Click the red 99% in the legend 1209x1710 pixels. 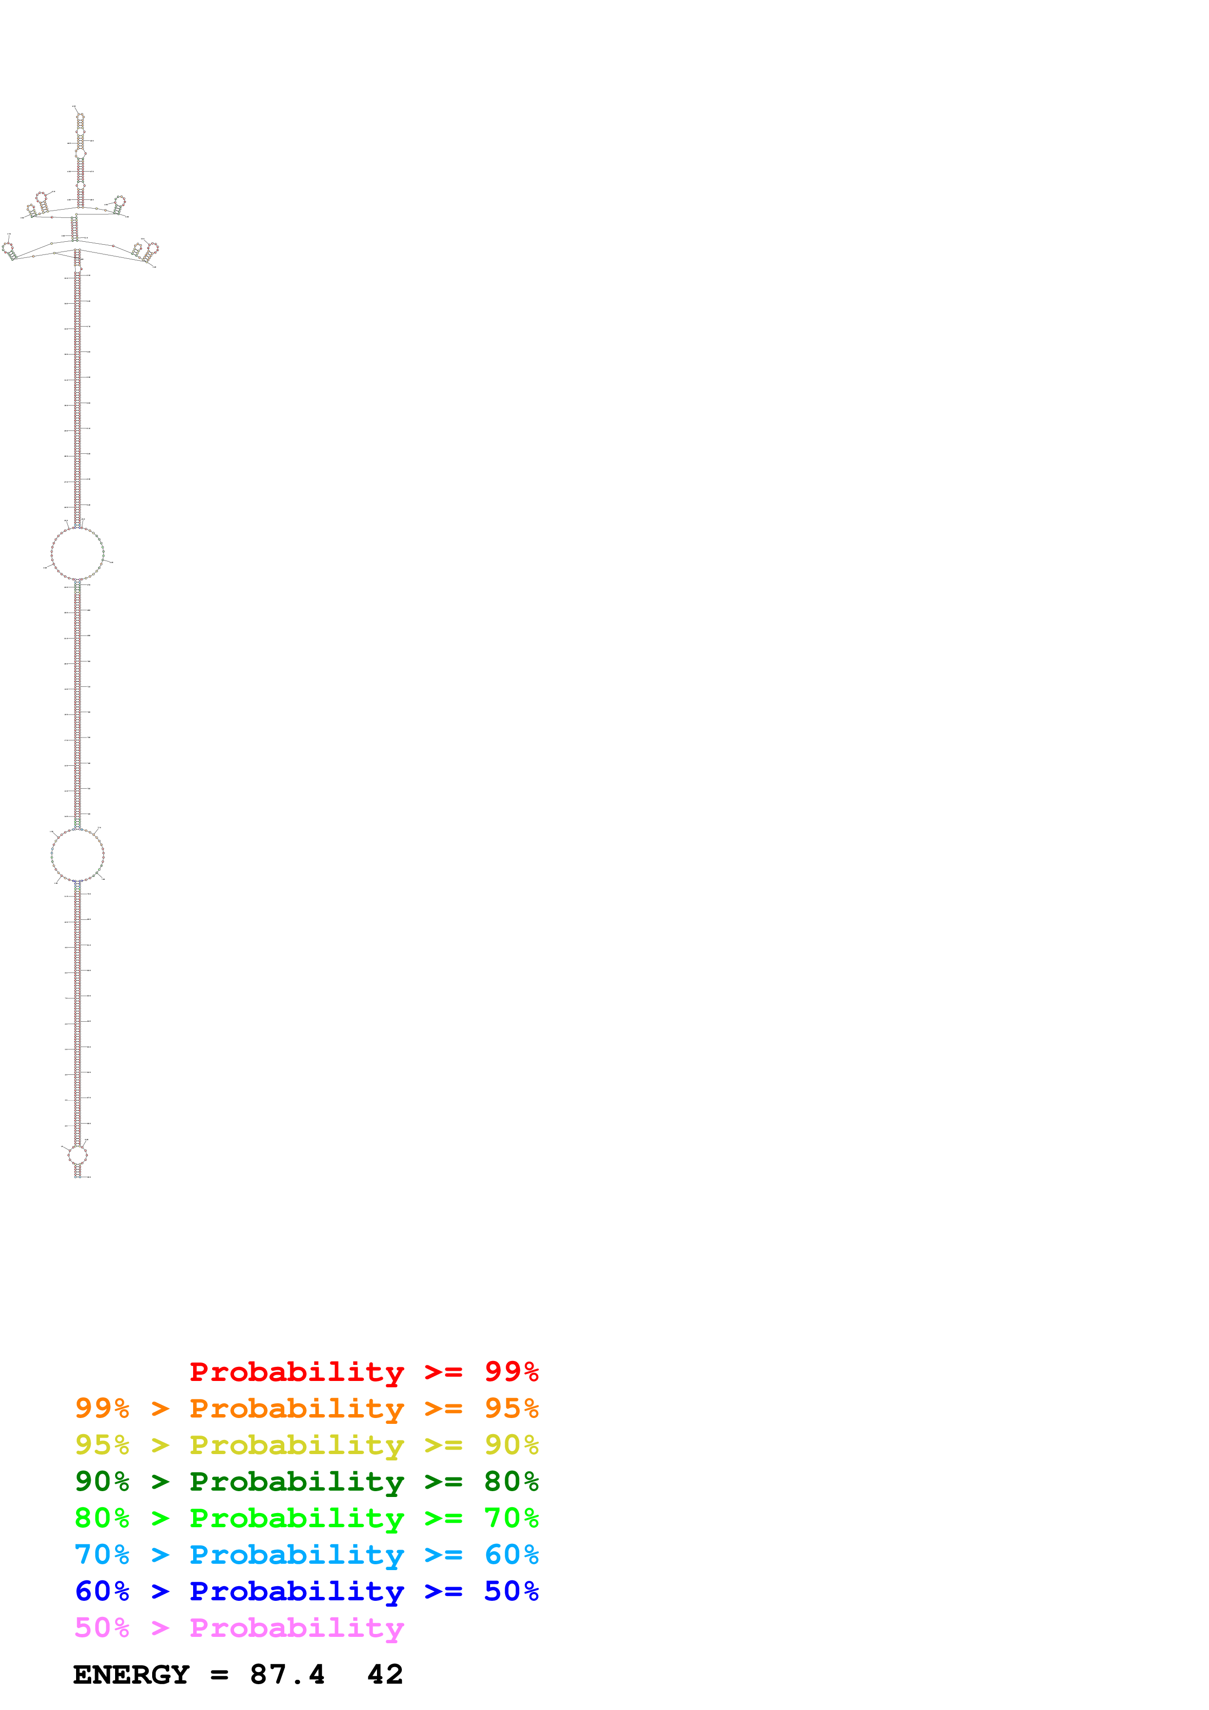coord(511,1371)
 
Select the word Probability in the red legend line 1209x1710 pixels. coord(297,1372)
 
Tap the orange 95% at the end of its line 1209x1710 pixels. coord(511,1408)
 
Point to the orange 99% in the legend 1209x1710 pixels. coord(102,1408)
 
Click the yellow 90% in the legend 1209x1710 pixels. coord(511,1445)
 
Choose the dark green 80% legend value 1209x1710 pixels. coord(511,1481)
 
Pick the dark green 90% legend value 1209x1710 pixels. coord(102,1481)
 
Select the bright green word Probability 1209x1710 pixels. coord(297,1518)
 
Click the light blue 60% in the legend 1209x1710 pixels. coord(511,1555)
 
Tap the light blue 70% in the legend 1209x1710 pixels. coord(102,1555)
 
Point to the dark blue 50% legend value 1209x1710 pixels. coord(511,1592)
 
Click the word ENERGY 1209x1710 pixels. coord(131,1675)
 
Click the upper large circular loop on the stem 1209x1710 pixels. coord(78,553)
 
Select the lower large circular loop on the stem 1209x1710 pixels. coord(78,855)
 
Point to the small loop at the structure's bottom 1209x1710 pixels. coord(78,1155)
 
